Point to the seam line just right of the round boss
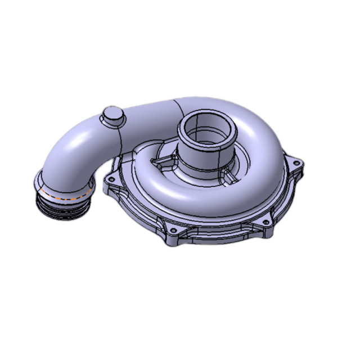pyautogui.click(x=122, y=135)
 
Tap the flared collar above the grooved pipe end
pyautogui.click(x=62, y=188)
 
